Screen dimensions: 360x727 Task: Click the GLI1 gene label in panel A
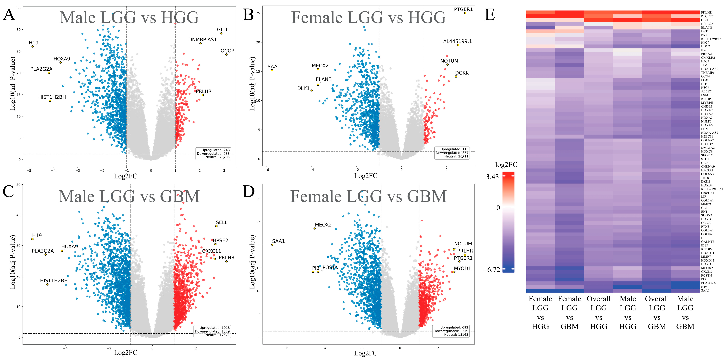coord(222,30)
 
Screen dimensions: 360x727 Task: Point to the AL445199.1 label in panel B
coord(457,41)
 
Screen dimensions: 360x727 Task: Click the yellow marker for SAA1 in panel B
coord(272,70)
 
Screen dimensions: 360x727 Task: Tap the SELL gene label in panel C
coord(222,222)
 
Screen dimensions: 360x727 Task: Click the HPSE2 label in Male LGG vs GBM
coord(220,240)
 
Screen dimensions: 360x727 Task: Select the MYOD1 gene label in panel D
coord(462,268)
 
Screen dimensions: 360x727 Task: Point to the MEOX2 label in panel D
coord(323,225)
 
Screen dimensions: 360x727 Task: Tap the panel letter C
coord(8,191)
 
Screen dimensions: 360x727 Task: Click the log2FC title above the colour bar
coord(506,165)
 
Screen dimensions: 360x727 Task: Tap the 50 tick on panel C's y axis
coord(18,185)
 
